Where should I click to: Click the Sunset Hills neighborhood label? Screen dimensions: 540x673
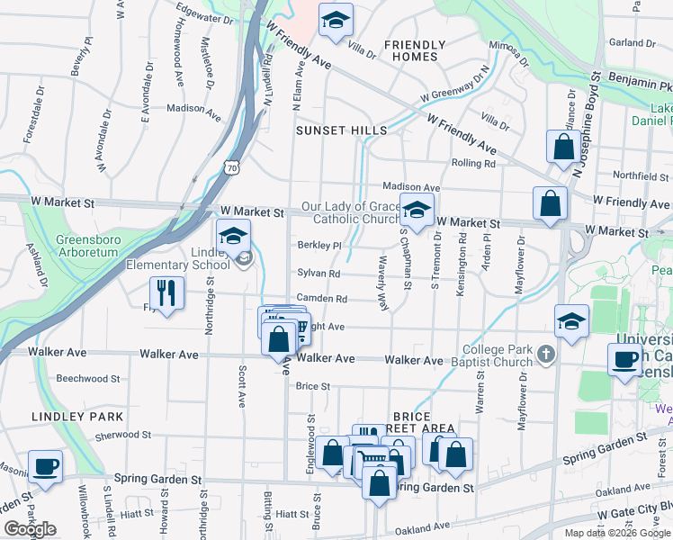[x=342, y=130]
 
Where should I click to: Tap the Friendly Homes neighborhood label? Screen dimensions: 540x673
[x=415, y=50]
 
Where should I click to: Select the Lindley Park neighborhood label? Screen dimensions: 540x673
[x=76, y=417]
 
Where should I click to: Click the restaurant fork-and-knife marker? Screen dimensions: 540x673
[x=166, y=292]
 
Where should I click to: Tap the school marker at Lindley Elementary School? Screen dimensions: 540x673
[x=234, y=237]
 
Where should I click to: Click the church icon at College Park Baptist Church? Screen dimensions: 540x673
[x=545, y=354]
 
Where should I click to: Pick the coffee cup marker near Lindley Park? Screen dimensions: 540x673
[x=45, y=467]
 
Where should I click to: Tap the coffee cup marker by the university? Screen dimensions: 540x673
[x=624, y=359]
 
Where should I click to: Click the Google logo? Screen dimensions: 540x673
[x=30, y=529]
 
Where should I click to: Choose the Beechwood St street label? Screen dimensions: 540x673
[x=88, y=379]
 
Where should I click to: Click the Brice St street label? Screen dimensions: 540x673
[x=313, y=386]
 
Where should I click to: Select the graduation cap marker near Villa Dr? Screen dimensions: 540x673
[x=336, y=21]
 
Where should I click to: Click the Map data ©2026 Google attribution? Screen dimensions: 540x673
[x=616, y=533]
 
